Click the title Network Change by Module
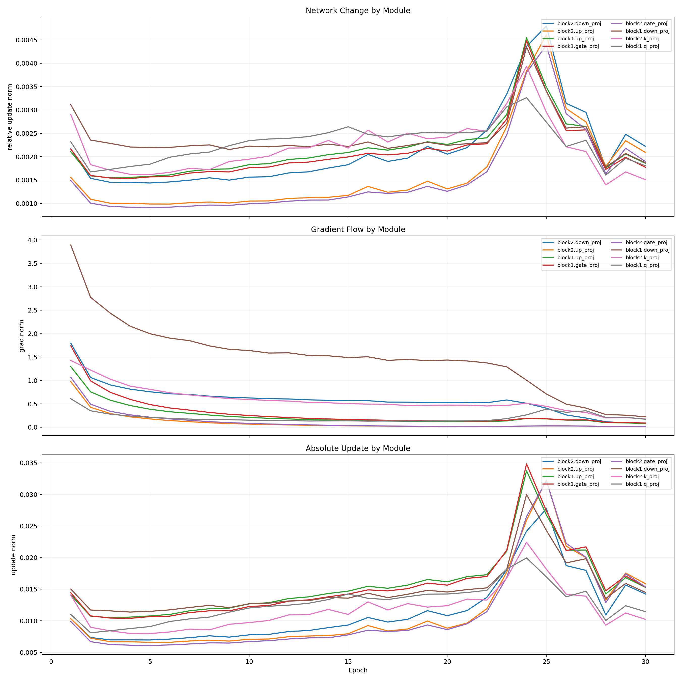pos(358,11)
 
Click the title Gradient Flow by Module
pos(358,230)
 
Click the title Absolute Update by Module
pos(358,448)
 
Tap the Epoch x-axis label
pos(358,670)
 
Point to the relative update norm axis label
pos(10,117)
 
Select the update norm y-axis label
pos(13,555)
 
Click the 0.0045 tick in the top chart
pos(26,40)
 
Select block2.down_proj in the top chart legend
pos(579,24)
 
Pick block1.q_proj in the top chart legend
pos(642,46)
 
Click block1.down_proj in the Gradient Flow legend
pos(647,250)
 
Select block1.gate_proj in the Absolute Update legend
pos(578,484)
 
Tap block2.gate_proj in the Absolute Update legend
pos(646,461)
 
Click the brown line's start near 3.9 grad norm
pos(71,245)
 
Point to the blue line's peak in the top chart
pos(546,26)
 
